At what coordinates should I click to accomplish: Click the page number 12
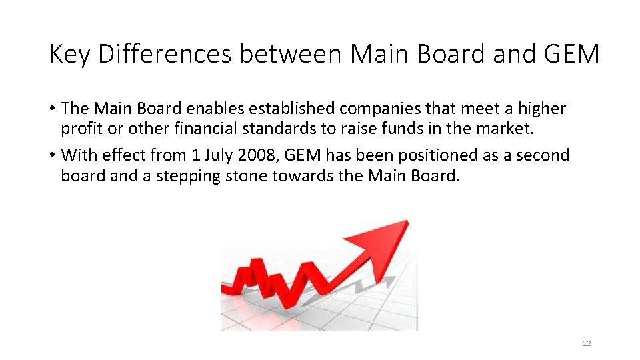587,343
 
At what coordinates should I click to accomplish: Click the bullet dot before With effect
52,156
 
